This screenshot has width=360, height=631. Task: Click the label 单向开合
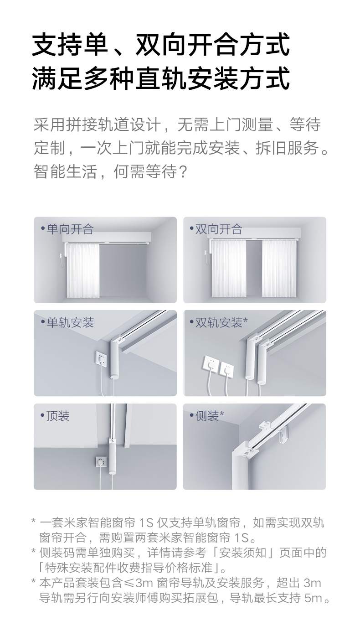(70, 229)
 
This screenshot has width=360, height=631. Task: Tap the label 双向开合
(219, 229)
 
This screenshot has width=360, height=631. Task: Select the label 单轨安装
(70, 322)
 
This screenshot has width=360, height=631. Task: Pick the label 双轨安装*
(221, 322)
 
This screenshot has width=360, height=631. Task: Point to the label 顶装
(58, 416)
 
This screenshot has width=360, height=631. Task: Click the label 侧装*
(210, 416)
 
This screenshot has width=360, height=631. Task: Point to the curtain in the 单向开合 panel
(83, 270)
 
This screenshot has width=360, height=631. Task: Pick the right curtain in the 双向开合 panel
(279, 268)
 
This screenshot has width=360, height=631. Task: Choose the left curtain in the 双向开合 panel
(229, 268)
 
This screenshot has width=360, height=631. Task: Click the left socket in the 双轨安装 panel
(210, 364)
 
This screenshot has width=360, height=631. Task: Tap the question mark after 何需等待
(183, 171)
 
